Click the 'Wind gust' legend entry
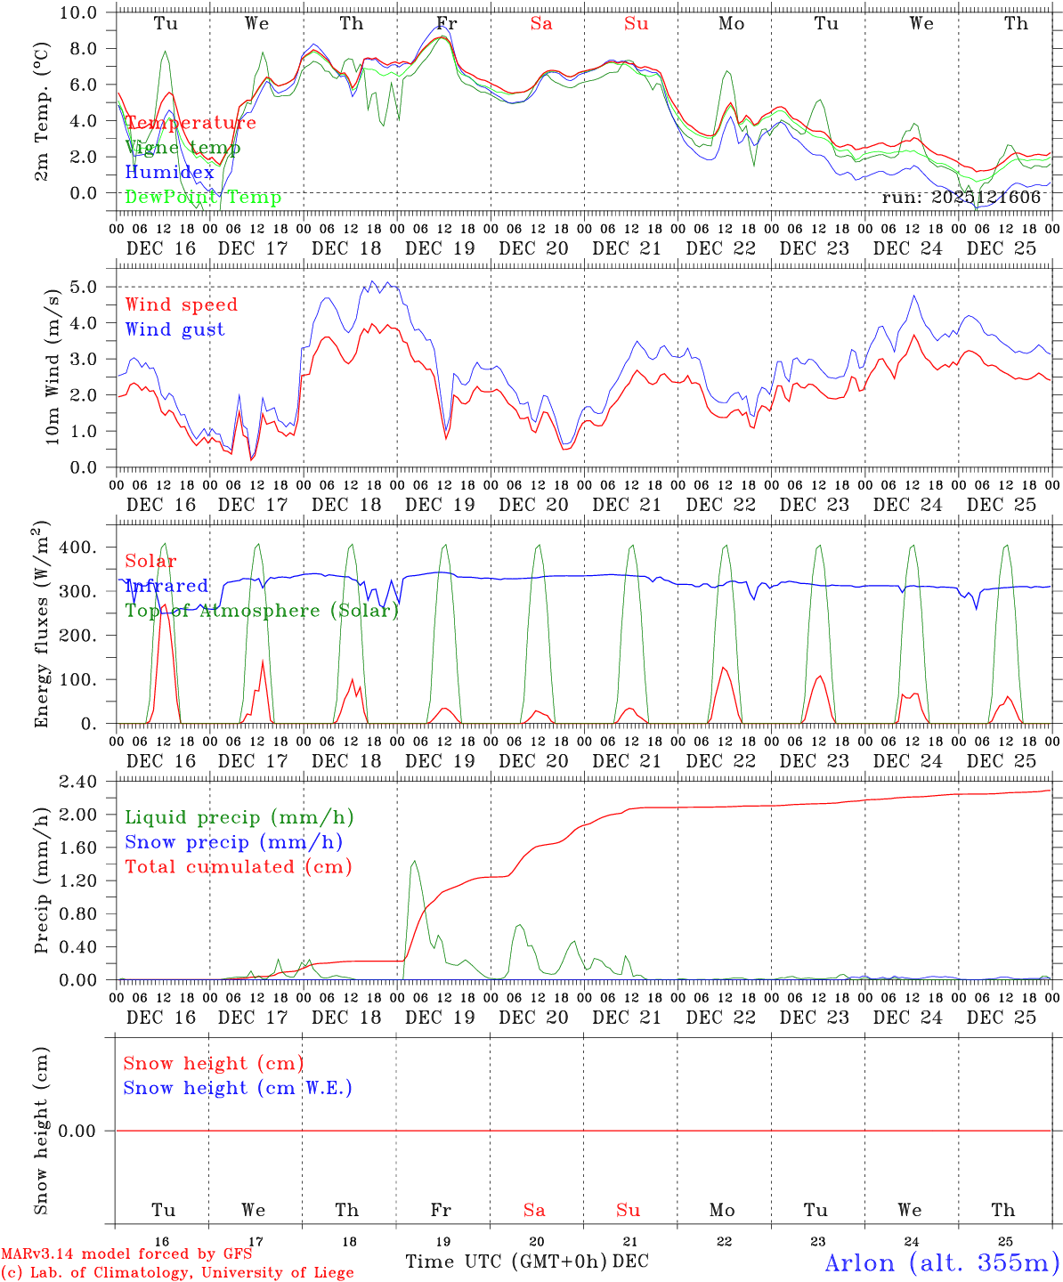point(174,329)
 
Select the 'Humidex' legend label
point(169,173)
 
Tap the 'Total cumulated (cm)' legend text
point(238,866)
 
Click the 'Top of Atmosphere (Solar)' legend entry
point(261,611)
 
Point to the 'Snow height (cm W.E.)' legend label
point(237,1088)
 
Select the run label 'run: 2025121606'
point(961,197)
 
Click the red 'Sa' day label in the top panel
point(541,24)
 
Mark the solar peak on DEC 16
point(163,604)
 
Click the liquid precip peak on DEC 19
point(413,861)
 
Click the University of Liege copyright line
point(177,1273)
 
